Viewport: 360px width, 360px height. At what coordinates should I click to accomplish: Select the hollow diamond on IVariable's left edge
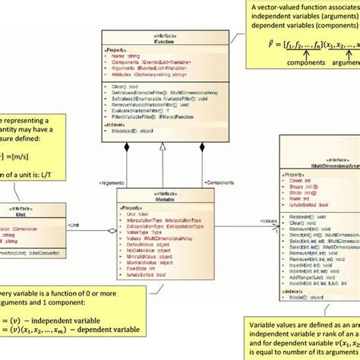tap(110, 233)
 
